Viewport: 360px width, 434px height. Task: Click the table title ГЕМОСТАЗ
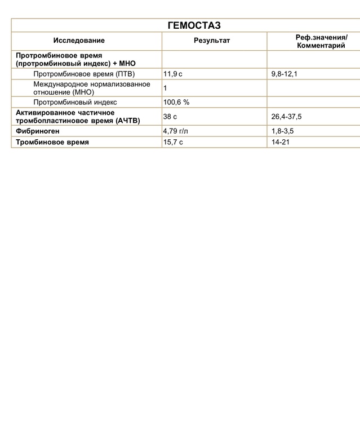pyautogui.click(x=194, y=25)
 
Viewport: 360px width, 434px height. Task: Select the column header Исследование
pyautogui.click(x=79, y=41)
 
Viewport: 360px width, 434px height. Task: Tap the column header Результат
pyautogui.click(x=212, y=41)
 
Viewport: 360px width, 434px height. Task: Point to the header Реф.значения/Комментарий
pyautogui.click(x=321, y=41)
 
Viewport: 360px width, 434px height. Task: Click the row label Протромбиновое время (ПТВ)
pyautogui.click(x=84, y=74)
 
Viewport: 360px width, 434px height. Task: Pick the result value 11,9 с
pyautogui.click(x=173, y=74)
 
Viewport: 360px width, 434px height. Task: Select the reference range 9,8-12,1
pyautogui.click(x=285, y=74)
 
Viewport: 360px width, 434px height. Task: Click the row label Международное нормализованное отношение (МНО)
pyautogui.click(x=91, y=87)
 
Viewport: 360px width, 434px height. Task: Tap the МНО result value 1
pyautogui.click(x=165, y=88)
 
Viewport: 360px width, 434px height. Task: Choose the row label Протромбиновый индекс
pyautogui.click(x=75, y=102)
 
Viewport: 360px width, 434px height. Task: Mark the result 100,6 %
pyautogui.click(x=176, y=102)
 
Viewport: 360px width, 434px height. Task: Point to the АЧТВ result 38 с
pyautogui.click(x=170, y=117)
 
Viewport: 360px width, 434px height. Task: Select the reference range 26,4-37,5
pyautogui.click(x=287, y=117)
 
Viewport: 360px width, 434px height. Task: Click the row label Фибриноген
pyautogui.click(x=38, y=131)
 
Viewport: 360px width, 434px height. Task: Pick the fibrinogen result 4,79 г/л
pyautogui.click(x=176, y=131)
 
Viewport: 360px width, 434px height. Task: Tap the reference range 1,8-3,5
pyautogui.click(x=282, y=131)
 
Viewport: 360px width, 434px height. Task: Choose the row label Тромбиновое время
pyautogui.click(x=52, y=143)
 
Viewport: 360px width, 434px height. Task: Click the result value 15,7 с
pyautogui.click(x=173, y=143)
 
